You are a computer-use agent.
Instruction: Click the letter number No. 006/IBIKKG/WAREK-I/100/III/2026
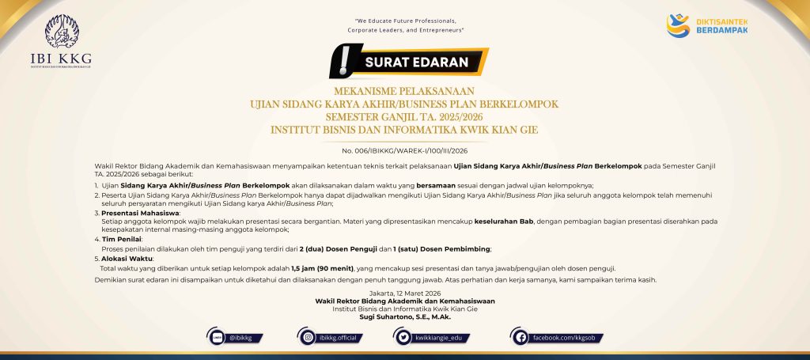pos(404,150)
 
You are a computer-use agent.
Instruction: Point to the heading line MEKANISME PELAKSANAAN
pos(404,92)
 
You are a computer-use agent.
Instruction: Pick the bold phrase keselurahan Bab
pos(508,222)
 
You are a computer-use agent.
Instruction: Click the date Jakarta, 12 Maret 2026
pos(404,294)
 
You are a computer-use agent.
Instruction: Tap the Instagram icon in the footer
pos(308,338)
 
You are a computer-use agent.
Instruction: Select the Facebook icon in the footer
pos(520,338)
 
